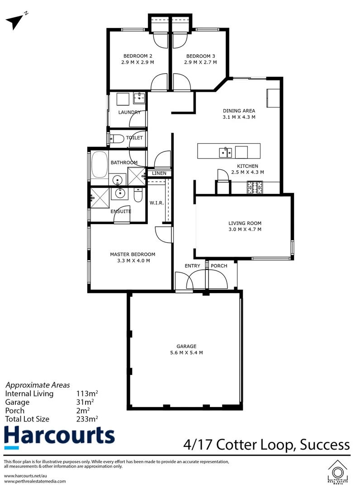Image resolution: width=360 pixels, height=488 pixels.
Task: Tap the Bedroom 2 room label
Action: [137, 56]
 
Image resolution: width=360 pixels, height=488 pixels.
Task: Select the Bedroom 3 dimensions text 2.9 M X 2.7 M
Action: [200, 62]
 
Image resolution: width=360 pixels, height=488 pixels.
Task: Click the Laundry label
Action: [129, 112]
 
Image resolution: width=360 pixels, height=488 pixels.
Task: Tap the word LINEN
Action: [160, 174]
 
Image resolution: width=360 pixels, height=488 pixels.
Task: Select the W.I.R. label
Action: [156, 203]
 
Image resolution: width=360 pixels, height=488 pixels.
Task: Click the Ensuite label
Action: [120, 211]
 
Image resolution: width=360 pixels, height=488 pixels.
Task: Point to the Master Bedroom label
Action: [133, 254]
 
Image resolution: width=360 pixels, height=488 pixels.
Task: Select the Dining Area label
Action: [239, 111]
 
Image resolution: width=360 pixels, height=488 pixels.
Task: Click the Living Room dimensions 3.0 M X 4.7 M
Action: [245, 230]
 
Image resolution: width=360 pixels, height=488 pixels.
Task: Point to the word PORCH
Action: [219, 266]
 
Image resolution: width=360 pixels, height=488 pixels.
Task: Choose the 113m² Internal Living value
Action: [85, 394]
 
